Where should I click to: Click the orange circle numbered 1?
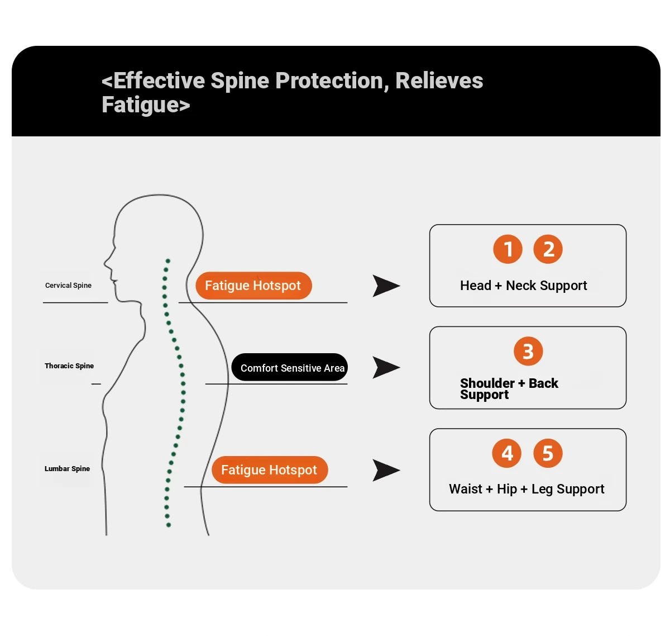pyautogui.click(x=508, y=249)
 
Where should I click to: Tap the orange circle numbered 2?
pyautogui.click(x=548, y=249)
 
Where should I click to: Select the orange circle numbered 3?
pyautogui.click(x=528, y=351)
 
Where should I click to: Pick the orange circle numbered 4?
pyautogui.click(x=506, y=453)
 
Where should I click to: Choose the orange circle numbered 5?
pyautogui.click(x=548, y=453)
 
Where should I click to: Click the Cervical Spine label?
pyautogui.click(x=68, y=285)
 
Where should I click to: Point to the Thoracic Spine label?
pyautogui.click(x=69, y=366)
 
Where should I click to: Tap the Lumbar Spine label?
pyautogui.click(x=67, y=468)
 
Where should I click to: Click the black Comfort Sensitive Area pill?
pyautogui.click(x=289, y=367)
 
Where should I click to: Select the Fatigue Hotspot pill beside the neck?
pyautogui.click(x=253, y=285)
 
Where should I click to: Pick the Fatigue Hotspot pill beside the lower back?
pyautogui.click(x=270, y=469)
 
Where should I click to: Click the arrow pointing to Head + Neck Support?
pyautogui.click(x=386, y=286)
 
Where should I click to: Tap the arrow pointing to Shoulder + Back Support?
pyautogui.click(x=386, y=367)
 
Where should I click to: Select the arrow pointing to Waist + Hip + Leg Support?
pyautogui.click(x=386, y=470)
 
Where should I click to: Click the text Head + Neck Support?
pyautogui.click(x=524, y=286)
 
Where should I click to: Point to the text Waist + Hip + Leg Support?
pyautogui.click(x=527, y=489)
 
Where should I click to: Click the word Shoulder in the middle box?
pyautogui.click(x=487, y=383)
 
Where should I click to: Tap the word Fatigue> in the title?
pyautogui.click(x=146, y=105)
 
